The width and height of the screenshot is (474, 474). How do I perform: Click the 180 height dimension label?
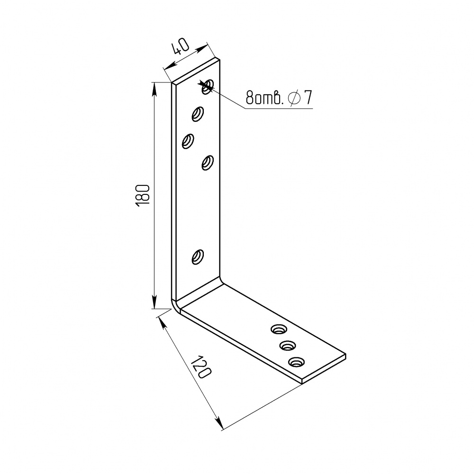(x=143, y=195)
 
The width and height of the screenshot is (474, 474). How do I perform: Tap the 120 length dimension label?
(x=201, y=367)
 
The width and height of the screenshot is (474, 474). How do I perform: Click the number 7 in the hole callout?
(x=308, y=97)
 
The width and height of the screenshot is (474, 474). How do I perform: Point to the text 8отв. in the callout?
(x=264, y=98)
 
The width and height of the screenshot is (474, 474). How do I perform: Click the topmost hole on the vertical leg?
(x=208, y=86)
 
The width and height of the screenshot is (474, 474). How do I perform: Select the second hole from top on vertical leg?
(x=198, y=114)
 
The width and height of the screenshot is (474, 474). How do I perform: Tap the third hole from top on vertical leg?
(x=188, y=141)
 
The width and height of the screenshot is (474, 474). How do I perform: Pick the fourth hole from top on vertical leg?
(x=208, y=163)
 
